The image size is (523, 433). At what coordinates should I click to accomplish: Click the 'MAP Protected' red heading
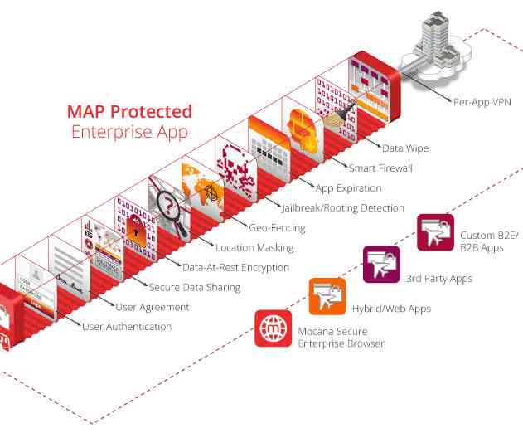click(129, 111)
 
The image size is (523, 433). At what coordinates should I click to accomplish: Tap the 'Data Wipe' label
click(406, 148)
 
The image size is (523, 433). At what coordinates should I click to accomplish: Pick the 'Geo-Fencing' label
click(277, 227)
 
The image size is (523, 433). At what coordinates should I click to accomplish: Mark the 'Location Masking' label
click(254, 247)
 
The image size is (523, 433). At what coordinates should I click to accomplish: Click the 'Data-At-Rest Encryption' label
click(235, 267)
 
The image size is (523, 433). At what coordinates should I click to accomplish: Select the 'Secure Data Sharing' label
click(194, 287)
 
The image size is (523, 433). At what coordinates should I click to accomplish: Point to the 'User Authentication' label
click(127, 327)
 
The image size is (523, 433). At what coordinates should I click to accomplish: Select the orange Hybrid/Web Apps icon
click(327, 297)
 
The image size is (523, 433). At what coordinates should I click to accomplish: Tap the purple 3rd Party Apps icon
click(381, 265)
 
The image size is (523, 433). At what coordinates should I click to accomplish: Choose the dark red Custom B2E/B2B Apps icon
click(435, 232)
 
